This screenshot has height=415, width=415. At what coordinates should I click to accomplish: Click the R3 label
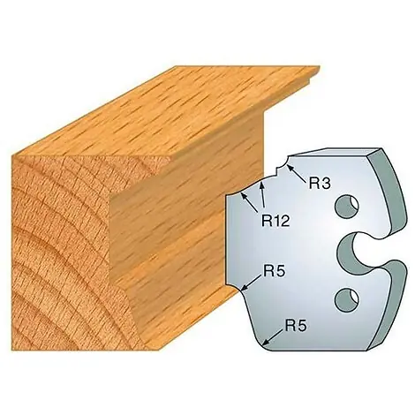(x=320, y=184)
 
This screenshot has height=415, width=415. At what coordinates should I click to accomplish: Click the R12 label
(x=275, y=220)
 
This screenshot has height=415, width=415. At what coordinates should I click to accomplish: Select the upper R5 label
(x=274, y=272)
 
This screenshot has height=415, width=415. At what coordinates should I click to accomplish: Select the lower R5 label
(x=296, y=326)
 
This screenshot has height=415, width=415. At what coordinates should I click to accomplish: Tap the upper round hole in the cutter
(x=348, y=207)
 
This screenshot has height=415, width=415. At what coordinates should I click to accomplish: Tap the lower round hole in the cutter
(x=348, y=299)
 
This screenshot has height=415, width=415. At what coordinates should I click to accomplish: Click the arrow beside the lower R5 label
(x=273, y=337)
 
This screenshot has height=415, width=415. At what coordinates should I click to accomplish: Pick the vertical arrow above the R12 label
(x=262, y=196)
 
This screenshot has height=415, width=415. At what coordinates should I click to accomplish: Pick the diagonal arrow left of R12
(x=249, y=202)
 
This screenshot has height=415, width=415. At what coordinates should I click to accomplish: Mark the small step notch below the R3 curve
(x=277, y=171)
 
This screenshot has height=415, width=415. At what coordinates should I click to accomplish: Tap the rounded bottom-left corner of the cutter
(x=264, y=343)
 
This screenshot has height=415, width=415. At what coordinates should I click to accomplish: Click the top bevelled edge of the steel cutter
(x=336, y=152)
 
